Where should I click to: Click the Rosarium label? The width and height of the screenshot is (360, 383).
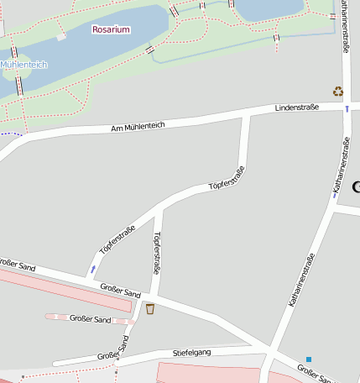[x=111, y=29]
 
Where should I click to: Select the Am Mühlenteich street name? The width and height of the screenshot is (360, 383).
[x=138, y=126]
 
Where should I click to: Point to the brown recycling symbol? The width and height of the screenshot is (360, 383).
[x=337, y=92]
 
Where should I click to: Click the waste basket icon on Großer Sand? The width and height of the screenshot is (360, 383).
[x=149, y=308]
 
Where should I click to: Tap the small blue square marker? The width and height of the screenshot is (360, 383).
[x=309, y=359]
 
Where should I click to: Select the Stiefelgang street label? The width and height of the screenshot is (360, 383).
[x=191, y=352]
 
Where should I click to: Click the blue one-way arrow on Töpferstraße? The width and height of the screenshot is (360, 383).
[x=92, y=269]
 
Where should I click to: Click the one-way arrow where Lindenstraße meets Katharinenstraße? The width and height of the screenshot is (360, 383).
[x=346, y=108]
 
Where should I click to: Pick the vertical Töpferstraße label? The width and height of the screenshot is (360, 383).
[x=156, y=254]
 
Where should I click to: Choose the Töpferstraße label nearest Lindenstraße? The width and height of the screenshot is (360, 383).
[x=227, y=178]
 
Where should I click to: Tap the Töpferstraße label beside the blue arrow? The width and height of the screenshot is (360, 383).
[x=117, y=239]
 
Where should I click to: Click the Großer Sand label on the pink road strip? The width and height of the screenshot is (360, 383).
[x=91, y=319]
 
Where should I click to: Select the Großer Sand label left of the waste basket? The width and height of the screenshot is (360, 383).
[x=120, y=291]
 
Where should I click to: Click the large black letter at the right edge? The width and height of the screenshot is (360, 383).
[x=355, y=186]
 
